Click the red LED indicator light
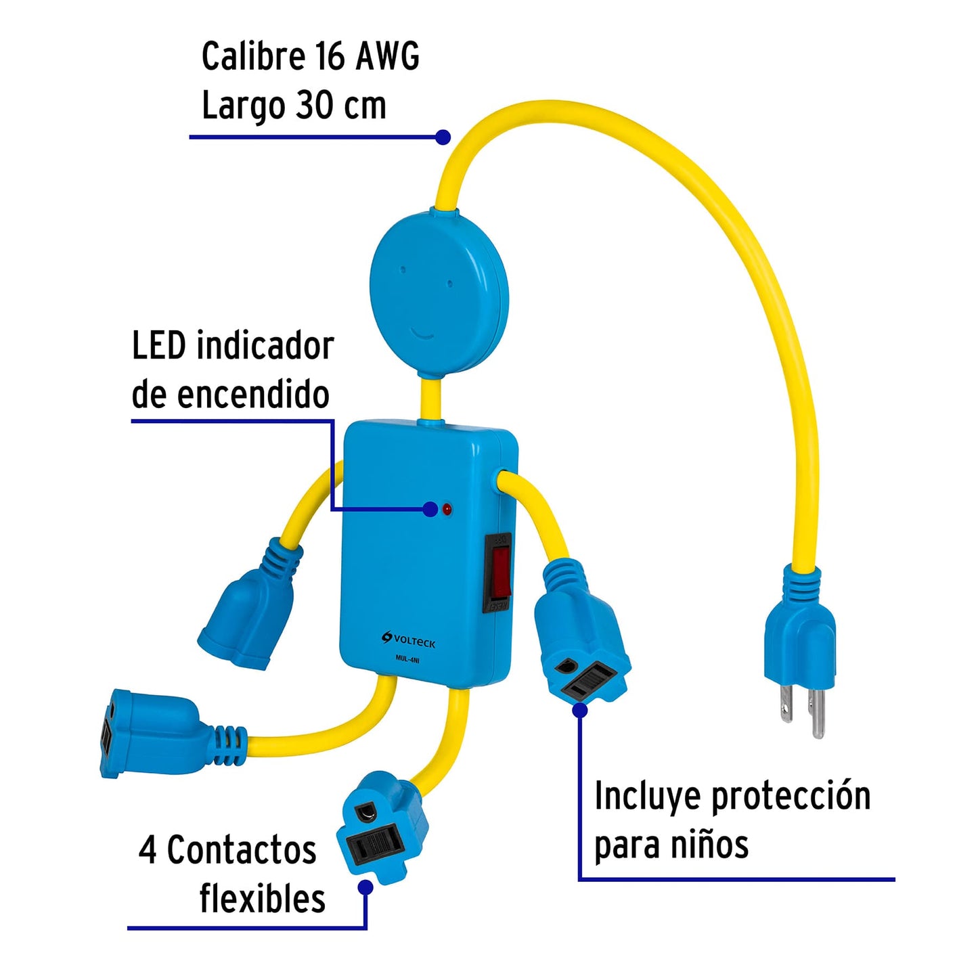point(447,509)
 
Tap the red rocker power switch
point(499,571)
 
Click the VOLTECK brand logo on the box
point(409,640)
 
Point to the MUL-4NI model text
point(407,659)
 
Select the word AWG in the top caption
point(387,56)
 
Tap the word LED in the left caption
point(158,347)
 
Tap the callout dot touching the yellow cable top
point(443,137)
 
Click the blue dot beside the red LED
point(430,510)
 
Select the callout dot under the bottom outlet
point(365,887)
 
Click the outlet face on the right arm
point(586,677)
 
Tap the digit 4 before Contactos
point(148,850)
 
